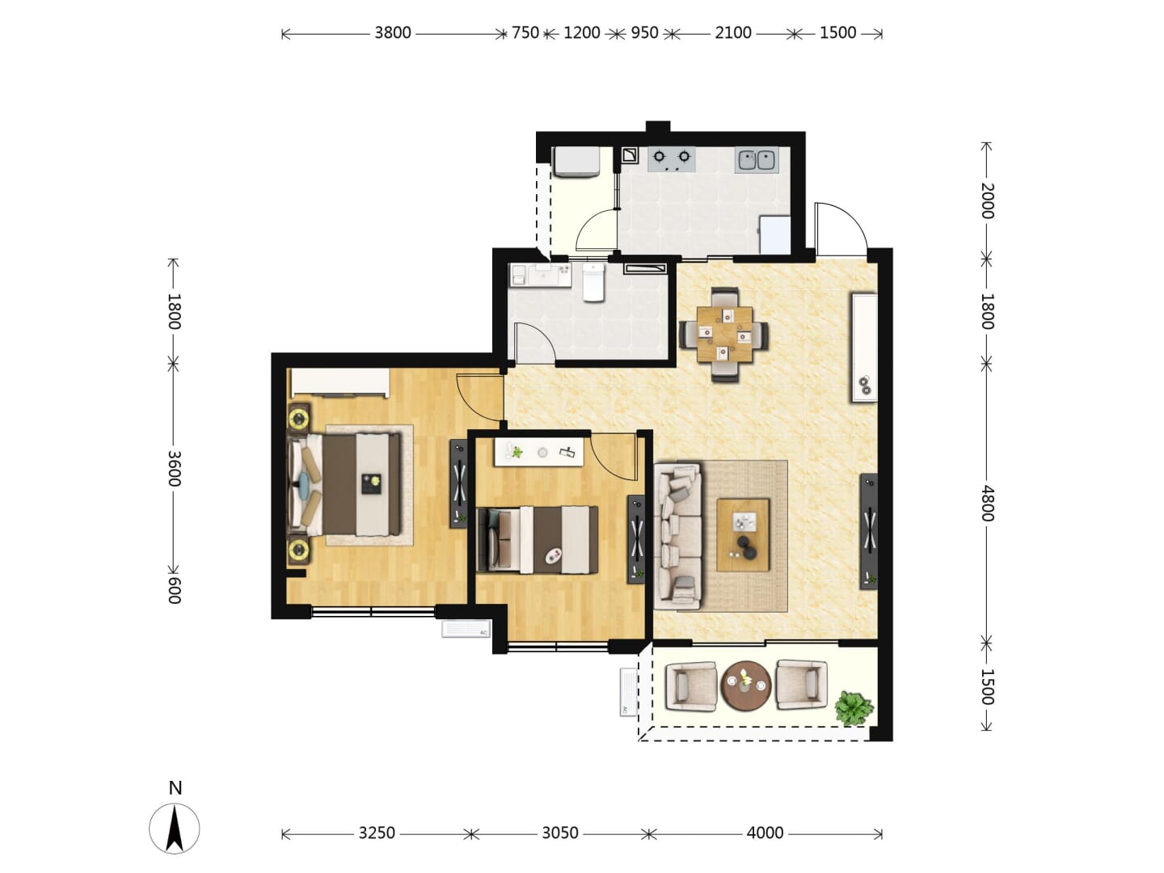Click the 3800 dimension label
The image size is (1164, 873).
392,33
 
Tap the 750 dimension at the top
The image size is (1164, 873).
525,33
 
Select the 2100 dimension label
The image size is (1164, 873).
733,33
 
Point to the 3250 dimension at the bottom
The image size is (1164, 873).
377,833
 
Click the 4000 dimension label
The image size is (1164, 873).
765,833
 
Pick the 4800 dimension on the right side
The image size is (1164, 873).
987,503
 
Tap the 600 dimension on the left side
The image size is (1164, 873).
175,590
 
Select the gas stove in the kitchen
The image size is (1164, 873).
672,159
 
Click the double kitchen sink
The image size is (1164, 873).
757,160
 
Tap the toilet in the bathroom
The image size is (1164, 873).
593,283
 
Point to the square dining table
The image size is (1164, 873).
724,335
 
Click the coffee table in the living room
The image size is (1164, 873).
743,535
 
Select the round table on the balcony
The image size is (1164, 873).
746,686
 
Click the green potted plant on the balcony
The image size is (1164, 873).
854,708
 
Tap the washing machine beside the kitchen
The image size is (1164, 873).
576,162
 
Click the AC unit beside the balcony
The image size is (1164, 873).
628,692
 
